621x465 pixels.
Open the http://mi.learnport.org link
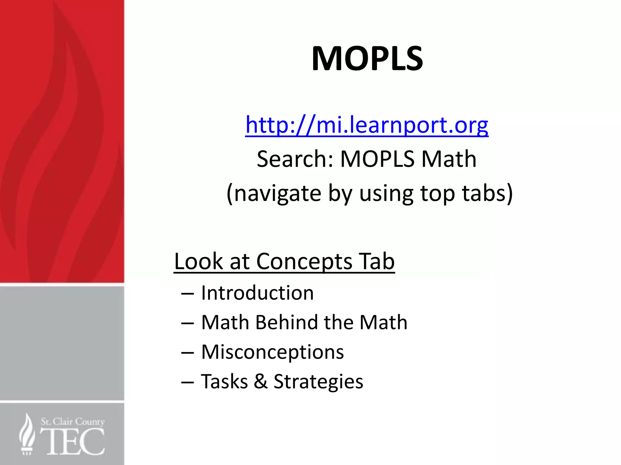pos(367,125)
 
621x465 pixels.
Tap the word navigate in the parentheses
pos(277,193)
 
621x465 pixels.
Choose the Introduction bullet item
pos(257,293)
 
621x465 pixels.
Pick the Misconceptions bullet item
pos(272,352)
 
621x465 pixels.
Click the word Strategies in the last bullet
pos(318,381)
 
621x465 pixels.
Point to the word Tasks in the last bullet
pos(224,381)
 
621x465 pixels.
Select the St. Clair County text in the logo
pos(73,422)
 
